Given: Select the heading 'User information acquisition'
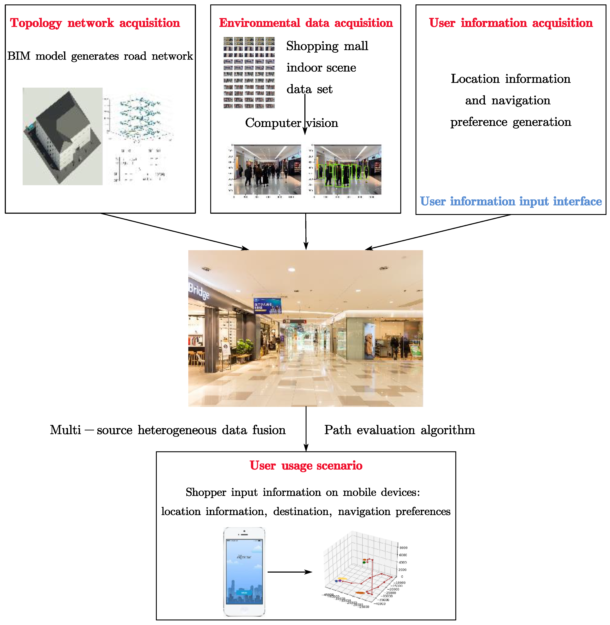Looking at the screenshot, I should click(x=511, y=23).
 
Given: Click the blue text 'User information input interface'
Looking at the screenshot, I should click(x=511, y=201).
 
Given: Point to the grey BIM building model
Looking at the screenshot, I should click(x=62, y=136).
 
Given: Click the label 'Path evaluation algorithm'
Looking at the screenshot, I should click(x=400, y=430).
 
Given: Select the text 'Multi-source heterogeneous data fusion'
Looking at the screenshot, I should click(x=168, y=430).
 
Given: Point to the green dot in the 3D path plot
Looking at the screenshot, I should click(x=364, y=562).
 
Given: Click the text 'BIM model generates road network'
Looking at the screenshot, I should click(x=100, y=56).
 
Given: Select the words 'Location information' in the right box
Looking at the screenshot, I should click(x=511, y=79).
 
